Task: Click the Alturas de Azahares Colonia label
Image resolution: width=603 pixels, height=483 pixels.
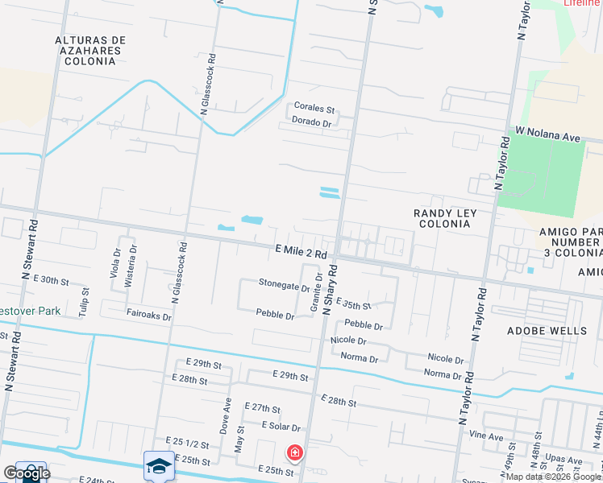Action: [91, 50]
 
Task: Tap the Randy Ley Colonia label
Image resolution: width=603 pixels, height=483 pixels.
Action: [445, 218]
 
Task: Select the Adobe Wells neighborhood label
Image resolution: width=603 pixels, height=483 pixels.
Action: [547, 331]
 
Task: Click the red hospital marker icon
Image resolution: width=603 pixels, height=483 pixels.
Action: [295, 453]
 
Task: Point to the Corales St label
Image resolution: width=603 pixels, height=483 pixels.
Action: [314, 107]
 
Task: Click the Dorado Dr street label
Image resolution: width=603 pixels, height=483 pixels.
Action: [311, 123]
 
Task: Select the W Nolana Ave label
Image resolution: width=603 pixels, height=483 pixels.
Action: [548, 134]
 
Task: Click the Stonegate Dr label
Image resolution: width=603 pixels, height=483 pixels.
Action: [284, 284]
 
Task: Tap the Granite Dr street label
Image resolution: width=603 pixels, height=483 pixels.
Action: [316, 292]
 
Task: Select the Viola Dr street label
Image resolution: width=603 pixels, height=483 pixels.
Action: [116, 262]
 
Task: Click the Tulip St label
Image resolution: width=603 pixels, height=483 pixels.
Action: [84, 307]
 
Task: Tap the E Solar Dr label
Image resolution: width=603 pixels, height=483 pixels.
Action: [275, 427]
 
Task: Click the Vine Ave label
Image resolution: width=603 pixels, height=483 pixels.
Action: [486, 437]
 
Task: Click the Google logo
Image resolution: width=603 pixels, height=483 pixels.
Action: [26, 473]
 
